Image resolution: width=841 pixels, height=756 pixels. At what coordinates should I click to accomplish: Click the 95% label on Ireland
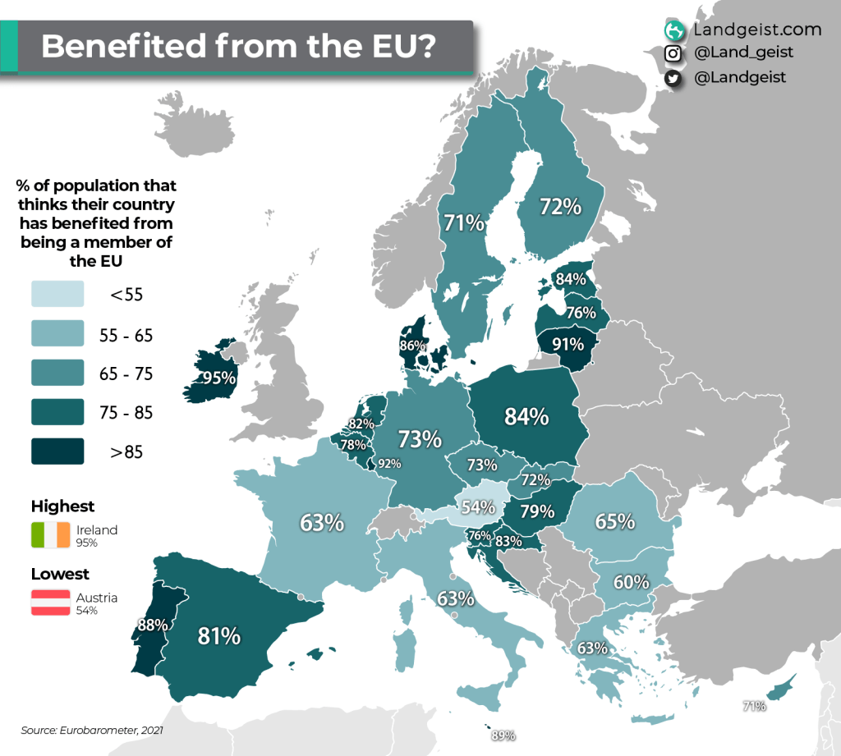pos(220,378)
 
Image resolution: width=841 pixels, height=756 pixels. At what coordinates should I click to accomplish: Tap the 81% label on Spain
pos(218,635)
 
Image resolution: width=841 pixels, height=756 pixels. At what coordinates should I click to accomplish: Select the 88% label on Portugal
pos(153,625)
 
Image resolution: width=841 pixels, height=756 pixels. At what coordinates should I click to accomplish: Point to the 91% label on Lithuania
pos(567,344)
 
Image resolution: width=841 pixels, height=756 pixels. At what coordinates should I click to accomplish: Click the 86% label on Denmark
pos(411,346)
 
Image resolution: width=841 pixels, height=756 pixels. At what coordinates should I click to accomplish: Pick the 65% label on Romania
pos(614,521)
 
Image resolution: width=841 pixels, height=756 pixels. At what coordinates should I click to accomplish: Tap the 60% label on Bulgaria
pos(632,582)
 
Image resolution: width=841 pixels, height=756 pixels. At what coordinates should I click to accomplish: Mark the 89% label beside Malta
pos(503,735)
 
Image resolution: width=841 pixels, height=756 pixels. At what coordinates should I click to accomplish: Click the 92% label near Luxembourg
pos(389,464)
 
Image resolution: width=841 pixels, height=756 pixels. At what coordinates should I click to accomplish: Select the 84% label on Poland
pos(526,417)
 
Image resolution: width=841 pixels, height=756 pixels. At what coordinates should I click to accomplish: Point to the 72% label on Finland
pos(560,207)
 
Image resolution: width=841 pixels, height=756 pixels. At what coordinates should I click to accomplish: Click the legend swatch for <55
pos(57,293)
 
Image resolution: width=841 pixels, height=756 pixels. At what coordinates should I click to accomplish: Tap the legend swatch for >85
pos(57,451)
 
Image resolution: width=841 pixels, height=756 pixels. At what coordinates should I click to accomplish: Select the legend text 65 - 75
pos(126,373)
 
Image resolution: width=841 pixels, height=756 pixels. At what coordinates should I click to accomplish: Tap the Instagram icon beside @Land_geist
pos(673,53)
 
